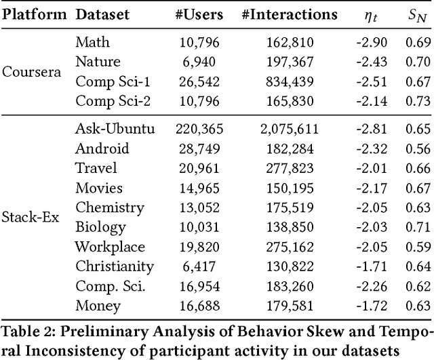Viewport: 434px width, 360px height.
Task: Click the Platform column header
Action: pos(35,14)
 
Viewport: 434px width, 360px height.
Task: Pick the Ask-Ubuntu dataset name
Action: pos(116,129)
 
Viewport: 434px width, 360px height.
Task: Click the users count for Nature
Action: pos(202,63)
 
